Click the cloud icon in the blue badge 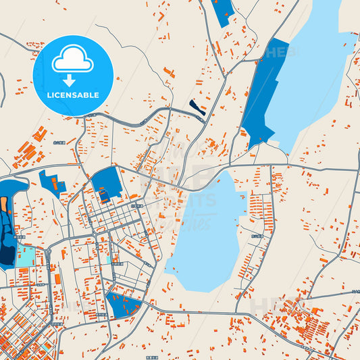point(73,61)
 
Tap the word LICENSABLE point(73,95)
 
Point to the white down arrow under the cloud point(70,80)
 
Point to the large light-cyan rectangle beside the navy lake point(26,256)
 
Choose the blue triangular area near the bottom point(121,305)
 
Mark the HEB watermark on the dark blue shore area point(277,51)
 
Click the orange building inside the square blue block point(105,196)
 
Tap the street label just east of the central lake point(256,236)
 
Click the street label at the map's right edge point(355,290)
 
